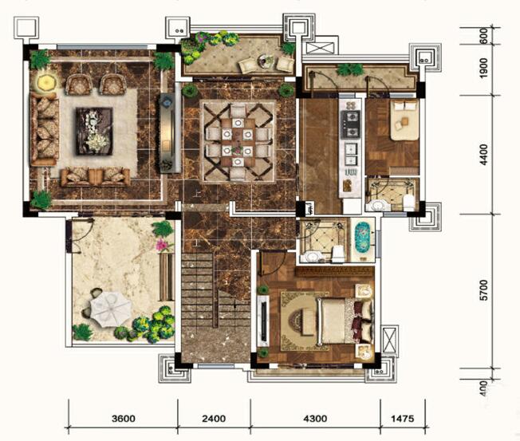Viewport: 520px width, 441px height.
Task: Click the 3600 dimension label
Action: (x=124, y=419)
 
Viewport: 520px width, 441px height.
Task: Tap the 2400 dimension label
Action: (x=214, y=419)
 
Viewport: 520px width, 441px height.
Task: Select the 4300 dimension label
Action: (x=315, y=419)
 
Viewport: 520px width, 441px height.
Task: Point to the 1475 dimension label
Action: (x=403, y=419)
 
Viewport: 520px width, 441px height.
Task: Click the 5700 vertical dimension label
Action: (x=484, y=290)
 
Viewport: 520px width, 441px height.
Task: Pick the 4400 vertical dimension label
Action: (x=484, y=155)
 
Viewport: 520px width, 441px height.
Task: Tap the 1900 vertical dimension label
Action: (x=484, y=69)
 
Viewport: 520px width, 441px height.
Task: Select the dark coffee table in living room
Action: (x=94, y=131)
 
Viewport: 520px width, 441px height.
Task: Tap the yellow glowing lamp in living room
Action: (x=45, y=83)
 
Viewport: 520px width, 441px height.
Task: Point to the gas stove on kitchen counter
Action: (x=351, y=124)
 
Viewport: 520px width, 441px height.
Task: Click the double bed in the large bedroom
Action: (x=345, y=321)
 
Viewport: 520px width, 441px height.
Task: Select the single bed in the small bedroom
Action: (x=404, y=120)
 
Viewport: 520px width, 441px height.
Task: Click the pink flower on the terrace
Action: (x=163, y=245)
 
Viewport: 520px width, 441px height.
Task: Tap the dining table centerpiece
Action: (x=237, y=150)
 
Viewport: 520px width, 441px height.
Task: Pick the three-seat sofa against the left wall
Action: (x=44, y=129)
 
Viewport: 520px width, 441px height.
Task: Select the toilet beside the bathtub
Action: (x=338, y=254)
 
